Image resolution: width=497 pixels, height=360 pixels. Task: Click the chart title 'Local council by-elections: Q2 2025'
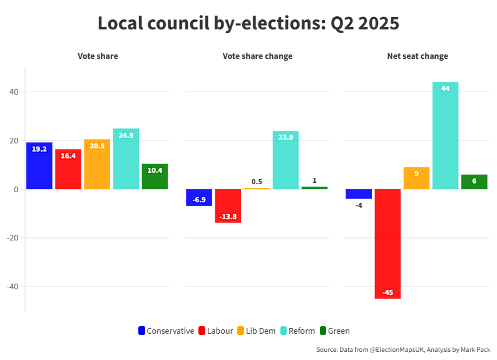point(248,23)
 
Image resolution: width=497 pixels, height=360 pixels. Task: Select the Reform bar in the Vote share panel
point(126,159)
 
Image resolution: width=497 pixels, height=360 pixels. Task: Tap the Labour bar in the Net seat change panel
point(387,244)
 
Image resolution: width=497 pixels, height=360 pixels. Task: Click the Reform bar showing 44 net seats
point(445,135)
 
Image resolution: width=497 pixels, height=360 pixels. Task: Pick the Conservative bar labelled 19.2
point(39,166)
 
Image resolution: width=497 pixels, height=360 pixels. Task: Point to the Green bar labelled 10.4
point(155,177)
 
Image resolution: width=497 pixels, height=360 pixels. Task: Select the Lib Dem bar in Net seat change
point(416,178)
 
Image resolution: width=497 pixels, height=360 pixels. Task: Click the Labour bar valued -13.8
point(228,205)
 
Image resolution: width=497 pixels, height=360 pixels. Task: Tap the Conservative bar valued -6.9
point(199,197)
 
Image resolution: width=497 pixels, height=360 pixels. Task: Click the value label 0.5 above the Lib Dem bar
point(257,182)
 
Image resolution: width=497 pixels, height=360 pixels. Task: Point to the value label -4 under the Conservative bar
point(359,205)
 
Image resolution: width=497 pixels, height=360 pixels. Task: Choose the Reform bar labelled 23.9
point(285,160)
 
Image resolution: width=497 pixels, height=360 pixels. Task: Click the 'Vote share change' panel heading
point(257,56)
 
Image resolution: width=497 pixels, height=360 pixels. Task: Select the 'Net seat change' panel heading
point(417,56)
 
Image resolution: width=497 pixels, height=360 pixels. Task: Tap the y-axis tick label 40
point(14,92)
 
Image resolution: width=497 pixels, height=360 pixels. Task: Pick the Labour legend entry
point(215,331)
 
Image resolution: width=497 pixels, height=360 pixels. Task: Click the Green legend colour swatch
point(323,331)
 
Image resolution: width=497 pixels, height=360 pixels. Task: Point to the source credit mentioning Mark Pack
point(402,350)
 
